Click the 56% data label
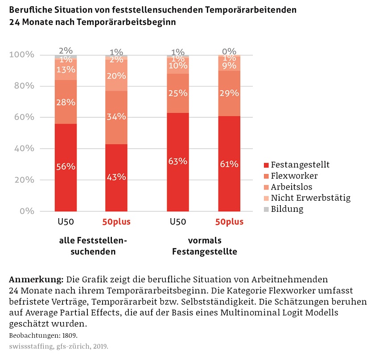66,166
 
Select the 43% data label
116,177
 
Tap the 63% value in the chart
178,161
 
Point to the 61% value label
229,164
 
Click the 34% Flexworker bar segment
116,117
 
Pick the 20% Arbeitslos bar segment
116,75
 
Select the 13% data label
66,70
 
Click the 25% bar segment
178,93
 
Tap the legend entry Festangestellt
300,165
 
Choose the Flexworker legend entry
294,176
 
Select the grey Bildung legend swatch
266,209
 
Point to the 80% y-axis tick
21,86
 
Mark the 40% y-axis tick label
21,149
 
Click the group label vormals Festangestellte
204,246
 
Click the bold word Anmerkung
36,280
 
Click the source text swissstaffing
27,346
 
